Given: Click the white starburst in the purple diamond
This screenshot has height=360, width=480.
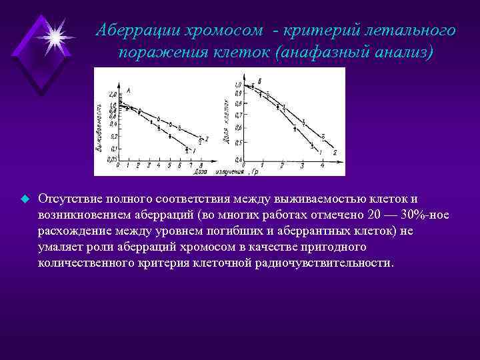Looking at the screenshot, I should (x=53, y=33).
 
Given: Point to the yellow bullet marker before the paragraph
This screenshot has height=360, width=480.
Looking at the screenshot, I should (x=24, y=199).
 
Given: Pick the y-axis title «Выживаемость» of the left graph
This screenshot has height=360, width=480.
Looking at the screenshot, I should (x=99, y=127).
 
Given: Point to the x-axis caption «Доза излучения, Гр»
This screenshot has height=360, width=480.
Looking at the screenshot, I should (x=227, y=171).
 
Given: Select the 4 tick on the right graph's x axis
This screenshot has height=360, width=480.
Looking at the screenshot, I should (x=322, y=164).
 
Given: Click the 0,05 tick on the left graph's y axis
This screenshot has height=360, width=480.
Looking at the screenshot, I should (x=111, y=159).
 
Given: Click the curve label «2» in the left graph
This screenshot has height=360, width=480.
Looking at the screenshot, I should (x=207, y=139).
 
